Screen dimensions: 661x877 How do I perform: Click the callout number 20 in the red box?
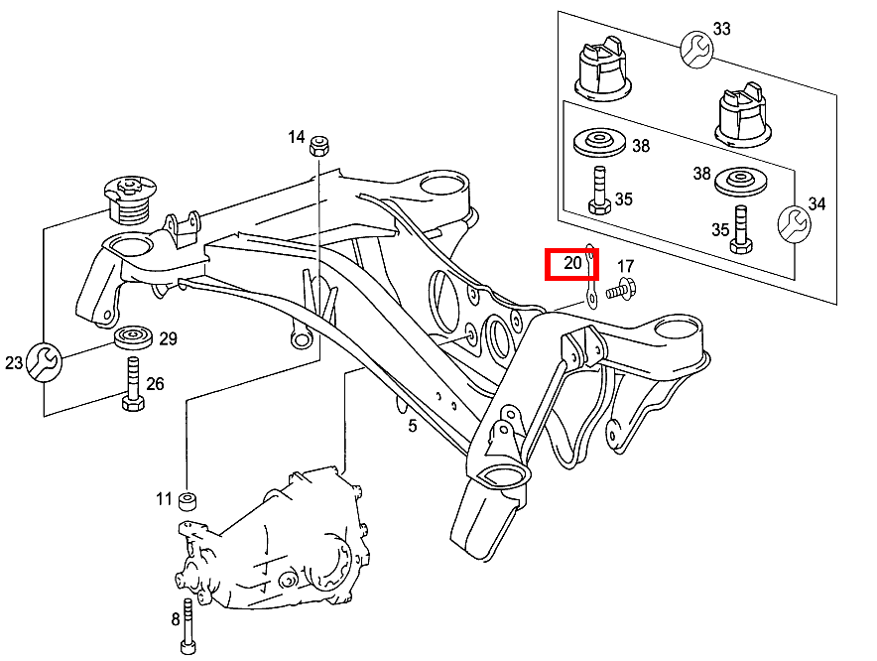572,264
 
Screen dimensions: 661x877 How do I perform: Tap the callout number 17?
625,267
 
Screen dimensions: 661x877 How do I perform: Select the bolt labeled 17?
622,290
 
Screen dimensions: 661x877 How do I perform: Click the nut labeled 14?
320,146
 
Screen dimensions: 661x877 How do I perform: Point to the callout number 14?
297,137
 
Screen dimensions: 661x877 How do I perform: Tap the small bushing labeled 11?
188,498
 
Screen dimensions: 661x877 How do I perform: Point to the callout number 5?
412,427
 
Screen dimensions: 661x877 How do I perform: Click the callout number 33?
721,29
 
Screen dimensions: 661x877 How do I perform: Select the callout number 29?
168,339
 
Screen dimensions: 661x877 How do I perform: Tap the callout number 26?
156,384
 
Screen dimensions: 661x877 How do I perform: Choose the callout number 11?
164,498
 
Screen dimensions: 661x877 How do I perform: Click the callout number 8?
175,620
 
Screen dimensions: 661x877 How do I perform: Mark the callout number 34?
816,204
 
